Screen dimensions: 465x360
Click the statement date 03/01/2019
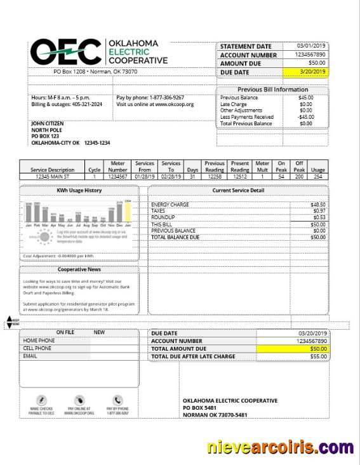312,46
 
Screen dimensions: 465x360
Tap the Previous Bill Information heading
272,90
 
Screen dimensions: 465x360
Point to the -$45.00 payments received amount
305,117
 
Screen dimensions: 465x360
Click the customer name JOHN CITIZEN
48,123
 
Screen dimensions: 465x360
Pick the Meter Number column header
118,166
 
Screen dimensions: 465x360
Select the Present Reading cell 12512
240,176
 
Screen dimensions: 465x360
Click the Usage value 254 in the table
318,176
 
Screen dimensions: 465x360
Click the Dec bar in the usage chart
119,213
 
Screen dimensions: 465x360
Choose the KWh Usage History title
79,190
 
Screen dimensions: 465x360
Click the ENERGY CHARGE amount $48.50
317,205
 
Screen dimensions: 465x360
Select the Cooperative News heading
79,270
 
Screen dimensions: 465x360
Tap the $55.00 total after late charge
317,356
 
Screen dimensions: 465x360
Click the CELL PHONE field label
37,348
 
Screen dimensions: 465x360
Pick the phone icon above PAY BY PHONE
117,400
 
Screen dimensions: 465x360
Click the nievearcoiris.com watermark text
279,448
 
